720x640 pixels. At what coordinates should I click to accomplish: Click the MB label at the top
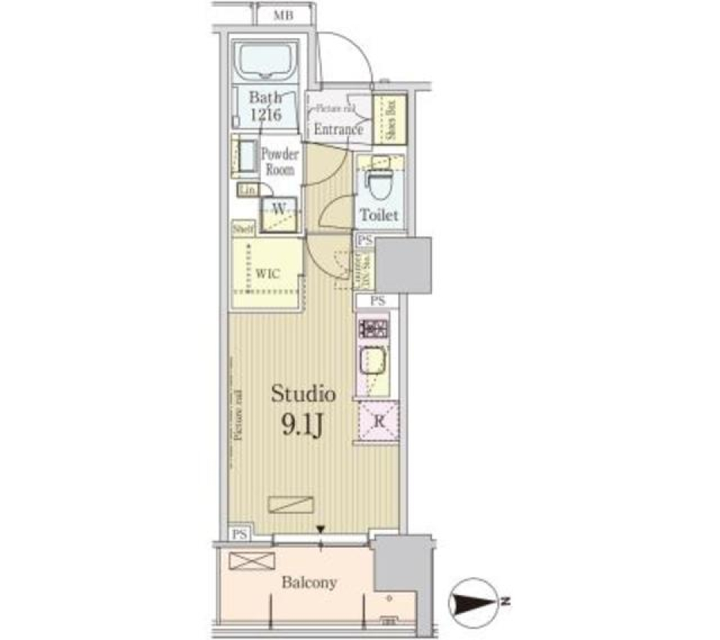pos(283,15)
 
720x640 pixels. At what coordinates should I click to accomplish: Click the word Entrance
pos(338,130)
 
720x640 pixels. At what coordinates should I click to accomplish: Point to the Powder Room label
pos(280,162)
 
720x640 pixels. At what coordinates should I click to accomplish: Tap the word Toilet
pos(378,215)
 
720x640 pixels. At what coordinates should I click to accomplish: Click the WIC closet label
pos(268,274)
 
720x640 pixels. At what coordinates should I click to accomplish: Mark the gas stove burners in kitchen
pos(373,328)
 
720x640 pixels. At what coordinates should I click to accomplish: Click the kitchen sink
pos(373,364)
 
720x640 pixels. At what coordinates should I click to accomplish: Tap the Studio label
pos(303,393)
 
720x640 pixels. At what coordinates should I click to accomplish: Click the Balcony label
pos(309,582)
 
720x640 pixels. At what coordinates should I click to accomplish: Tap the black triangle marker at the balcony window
pos(321,531)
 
